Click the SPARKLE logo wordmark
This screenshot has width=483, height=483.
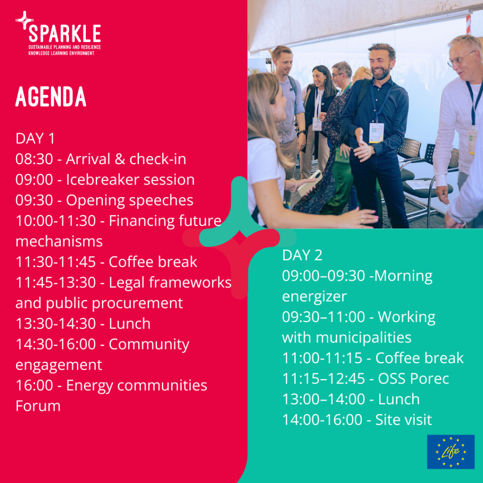(x=65, y=33)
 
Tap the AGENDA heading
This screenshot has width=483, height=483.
(x=51, y=96)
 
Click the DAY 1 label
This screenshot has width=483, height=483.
(x=35, y=138)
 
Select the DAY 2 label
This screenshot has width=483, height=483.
(x=302, y=255)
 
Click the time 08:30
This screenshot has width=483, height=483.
(x=34, y=159)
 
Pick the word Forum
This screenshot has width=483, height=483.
(x=38, y=406)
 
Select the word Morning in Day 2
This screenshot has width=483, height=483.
(x=403, y=276)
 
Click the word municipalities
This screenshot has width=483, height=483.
(x=364, y=338)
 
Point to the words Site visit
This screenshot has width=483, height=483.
(x=404, y=419)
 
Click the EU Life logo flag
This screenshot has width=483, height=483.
(x=450, y=451)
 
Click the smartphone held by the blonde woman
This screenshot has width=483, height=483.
(x=309, y=183)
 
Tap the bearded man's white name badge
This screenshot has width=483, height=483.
(x=376, y=133)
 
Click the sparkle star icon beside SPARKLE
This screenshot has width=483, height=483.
(x=25, y=20)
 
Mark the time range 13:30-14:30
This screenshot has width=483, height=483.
(x=56, y=324)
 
